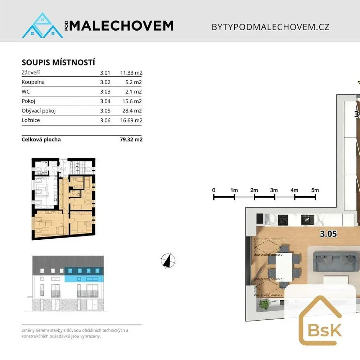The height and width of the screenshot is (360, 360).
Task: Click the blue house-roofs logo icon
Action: (42, 25)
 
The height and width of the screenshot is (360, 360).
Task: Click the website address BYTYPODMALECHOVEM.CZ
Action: (270, 27)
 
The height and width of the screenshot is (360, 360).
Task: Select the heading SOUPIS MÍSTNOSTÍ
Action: (58, 62)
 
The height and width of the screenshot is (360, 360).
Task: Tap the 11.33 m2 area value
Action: (131, 73)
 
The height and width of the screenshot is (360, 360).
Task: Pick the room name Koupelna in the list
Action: (33, 82)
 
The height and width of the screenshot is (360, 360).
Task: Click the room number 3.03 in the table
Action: (105, 91)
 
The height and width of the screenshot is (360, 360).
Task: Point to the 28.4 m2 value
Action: (132, 111)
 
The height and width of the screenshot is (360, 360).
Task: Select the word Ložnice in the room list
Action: (31, 120)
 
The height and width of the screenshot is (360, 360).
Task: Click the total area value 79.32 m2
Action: (131, 139)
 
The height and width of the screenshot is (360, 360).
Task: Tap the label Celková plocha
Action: (41, 139)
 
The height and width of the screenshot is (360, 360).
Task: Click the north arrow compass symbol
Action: (168, 261)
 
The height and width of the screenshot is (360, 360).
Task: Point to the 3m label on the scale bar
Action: (274, 190)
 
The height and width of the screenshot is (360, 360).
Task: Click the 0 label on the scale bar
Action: (214, 190)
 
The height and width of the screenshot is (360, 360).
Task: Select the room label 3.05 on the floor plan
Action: (328, 234)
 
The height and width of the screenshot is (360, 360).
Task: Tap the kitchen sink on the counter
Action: (307, 220)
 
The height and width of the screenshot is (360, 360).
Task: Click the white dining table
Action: (284, 267)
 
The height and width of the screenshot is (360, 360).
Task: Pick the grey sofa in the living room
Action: (336, 261)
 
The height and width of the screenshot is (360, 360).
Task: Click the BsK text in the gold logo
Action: (324, 330)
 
